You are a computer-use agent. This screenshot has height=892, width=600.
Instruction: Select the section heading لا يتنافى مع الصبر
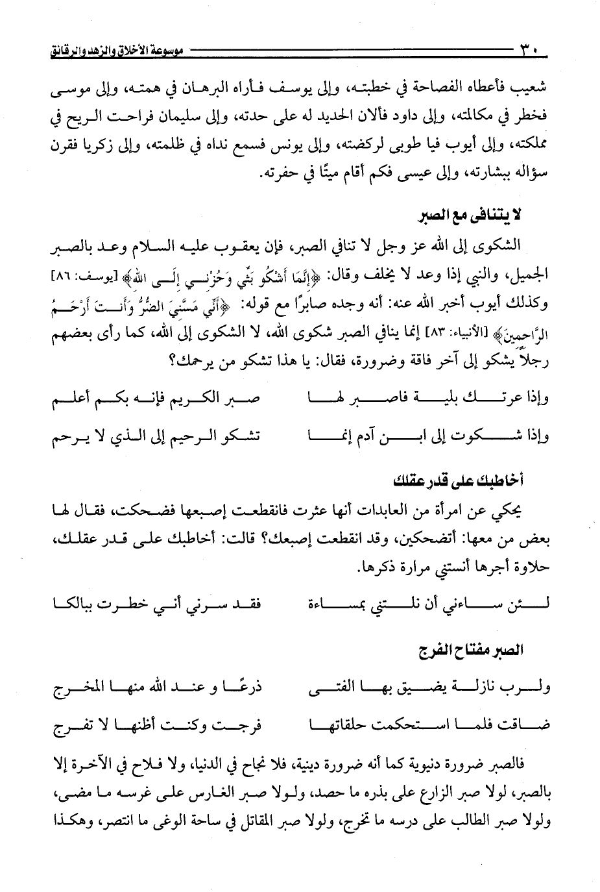[480, 216]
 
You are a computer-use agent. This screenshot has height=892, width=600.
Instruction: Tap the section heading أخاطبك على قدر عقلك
[459, 480]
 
